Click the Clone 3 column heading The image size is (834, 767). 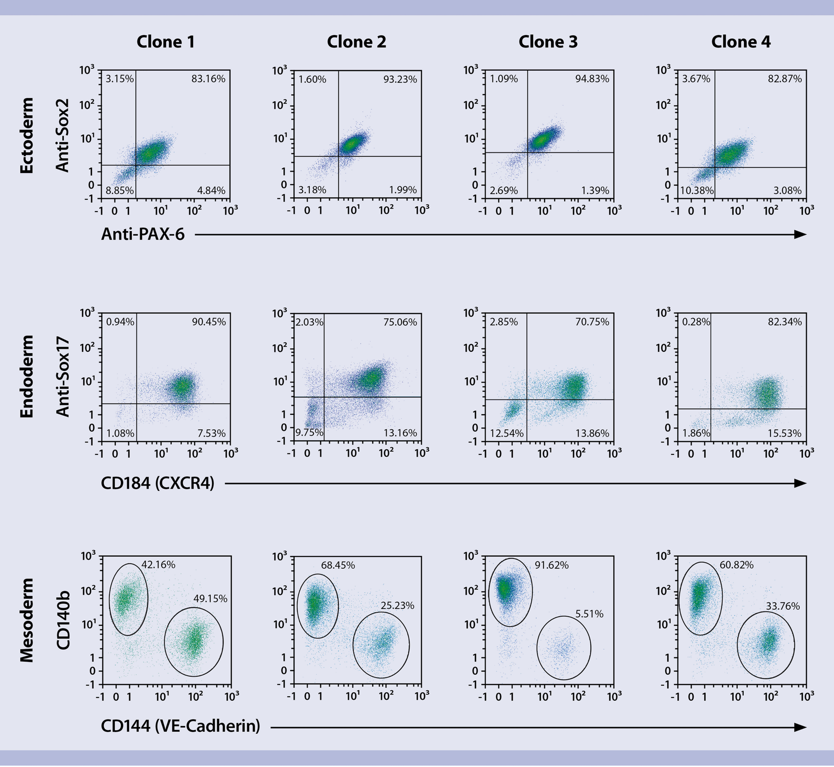coord(548,42)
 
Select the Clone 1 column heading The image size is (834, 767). coord(165,42)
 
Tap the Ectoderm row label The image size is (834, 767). coord(27,136)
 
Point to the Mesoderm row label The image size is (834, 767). coord(27,620)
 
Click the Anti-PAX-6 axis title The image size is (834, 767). coord(143,235)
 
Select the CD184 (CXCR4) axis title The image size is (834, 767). coord(158,483)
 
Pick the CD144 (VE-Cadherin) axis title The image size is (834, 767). coord(180,726)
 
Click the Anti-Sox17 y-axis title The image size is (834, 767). coord(63,377)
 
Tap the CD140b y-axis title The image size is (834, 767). coord(63,620)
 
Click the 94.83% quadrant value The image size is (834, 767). coord(592,79)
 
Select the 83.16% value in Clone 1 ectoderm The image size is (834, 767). coord(208,79)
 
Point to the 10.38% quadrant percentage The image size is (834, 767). coord(697,190)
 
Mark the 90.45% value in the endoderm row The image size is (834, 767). coord(208,322)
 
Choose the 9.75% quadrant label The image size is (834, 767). coord(309,433)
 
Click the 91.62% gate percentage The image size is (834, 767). coord(552,565)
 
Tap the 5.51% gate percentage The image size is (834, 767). coord(589,614)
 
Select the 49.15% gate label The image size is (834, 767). coord(210,598)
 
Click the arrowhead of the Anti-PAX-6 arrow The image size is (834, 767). coord(800,235)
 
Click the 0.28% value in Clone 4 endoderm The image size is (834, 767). coord(696,322)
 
